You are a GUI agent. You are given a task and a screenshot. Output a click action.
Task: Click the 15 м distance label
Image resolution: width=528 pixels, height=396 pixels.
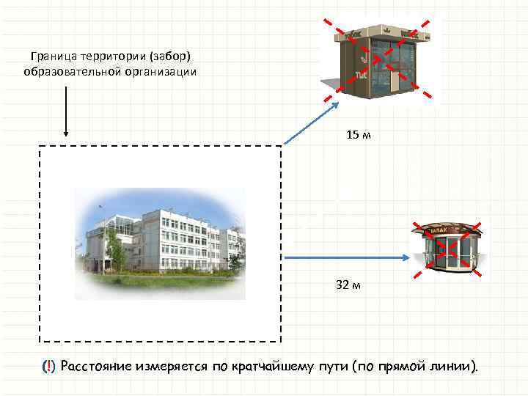[x=359, y=135]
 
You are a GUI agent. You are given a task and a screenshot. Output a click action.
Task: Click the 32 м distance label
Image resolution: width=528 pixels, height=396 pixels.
[x=348, y=285]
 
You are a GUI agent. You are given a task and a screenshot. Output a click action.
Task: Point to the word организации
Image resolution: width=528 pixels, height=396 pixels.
[x=156, y=72]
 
